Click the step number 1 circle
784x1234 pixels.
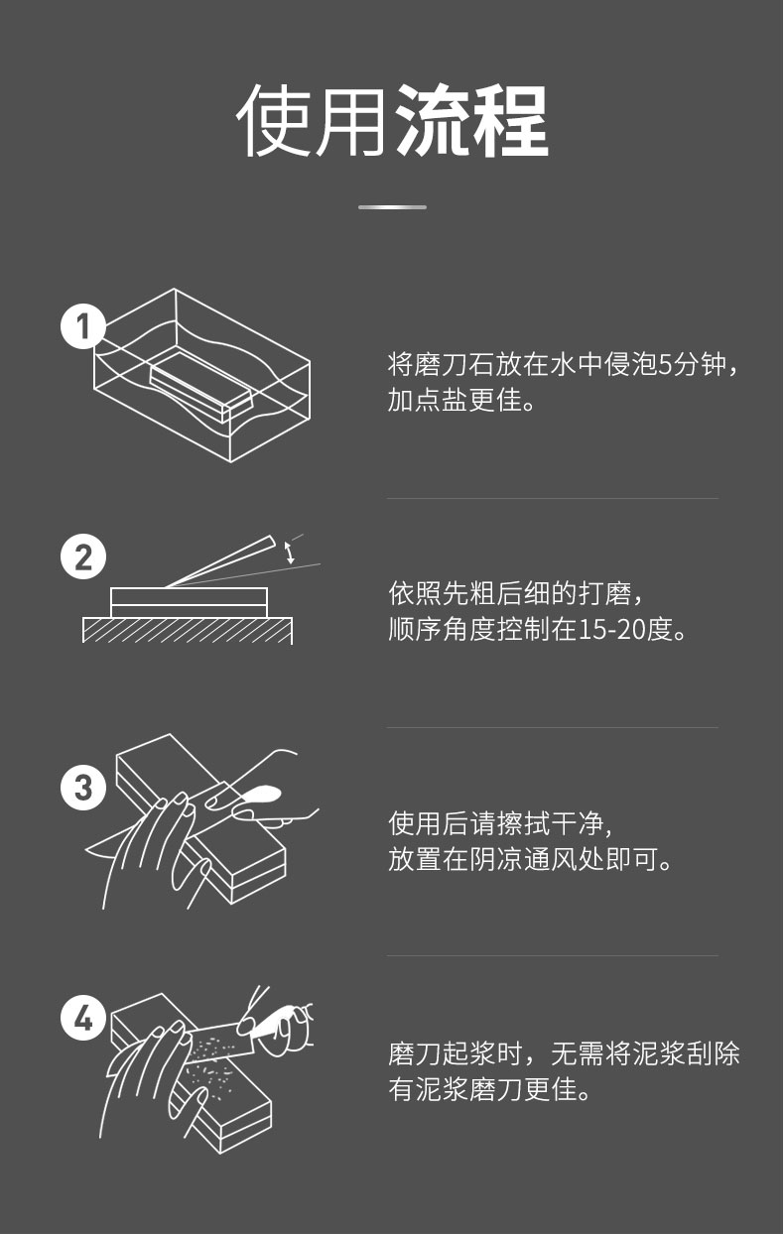point(83,326)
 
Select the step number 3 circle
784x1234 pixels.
point(83,788)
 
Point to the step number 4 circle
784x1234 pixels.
point(83,1018)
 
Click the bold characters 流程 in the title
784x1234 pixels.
point(471,121)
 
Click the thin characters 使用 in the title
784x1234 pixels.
point(312,121)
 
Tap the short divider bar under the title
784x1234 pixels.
point(392,207)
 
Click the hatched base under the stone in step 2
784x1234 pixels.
point(188,630)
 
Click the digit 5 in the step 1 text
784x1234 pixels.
point(666,365)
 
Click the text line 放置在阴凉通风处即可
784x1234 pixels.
point(530,859)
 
